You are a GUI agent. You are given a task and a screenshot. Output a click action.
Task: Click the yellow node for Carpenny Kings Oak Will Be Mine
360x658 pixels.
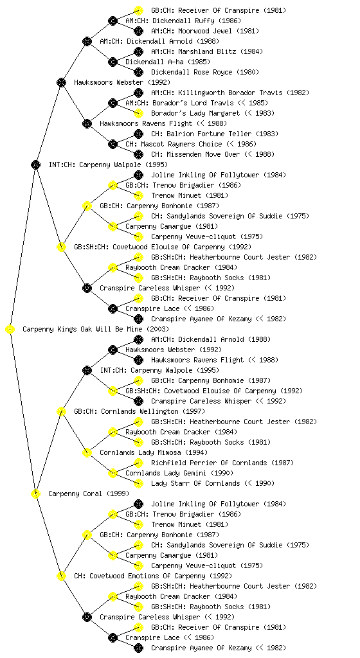point(10,330)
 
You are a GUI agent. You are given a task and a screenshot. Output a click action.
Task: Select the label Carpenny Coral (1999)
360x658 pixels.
point(89,493)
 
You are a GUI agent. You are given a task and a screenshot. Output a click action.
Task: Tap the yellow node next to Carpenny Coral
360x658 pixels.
point(35,494)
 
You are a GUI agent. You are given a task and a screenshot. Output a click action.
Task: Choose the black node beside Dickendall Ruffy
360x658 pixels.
point(113,21)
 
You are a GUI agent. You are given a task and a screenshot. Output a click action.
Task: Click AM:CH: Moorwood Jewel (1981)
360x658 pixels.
point(205,31)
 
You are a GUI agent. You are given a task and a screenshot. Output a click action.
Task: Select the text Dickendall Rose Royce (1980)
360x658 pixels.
point(205,72)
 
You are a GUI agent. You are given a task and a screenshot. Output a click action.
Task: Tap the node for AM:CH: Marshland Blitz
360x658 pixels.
point(138,51)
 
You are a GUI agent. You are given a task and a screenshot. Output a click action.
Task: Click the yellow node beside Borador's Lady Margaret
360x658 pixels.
point(138,113)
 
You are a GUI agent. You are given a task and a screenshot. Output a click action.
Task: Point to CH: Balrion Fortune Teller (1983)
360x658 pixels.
point(215,134)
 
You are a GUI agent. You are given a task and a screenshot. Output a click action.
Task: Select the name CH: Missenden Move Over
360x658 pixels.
point(195,154)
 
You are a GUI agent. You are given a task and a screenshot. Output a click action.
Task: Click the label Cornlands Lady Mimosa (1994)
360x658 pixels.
point(154,452)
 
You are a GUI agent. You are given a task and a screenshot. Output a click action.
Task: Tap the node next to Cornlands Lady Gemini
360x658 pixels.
point(113,473)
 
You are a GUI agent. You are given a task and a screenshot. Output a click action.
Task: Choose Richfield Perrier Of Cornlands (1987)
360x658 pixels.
point(222,463)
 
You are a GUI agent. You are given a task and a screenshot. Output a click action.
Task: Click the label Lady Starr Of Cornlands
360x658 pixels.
point(195,483)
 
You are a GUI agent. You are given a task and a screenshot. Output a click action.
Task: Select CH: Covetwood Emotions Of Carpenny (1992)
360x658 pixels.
point(153,576)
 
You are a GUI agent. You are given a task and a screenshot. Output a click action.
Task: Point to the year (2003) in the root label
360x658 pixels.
point(157,329)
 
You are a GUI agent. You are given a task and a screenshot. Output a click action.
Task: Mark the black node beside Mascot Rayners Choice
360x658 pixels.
point(113,144)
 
